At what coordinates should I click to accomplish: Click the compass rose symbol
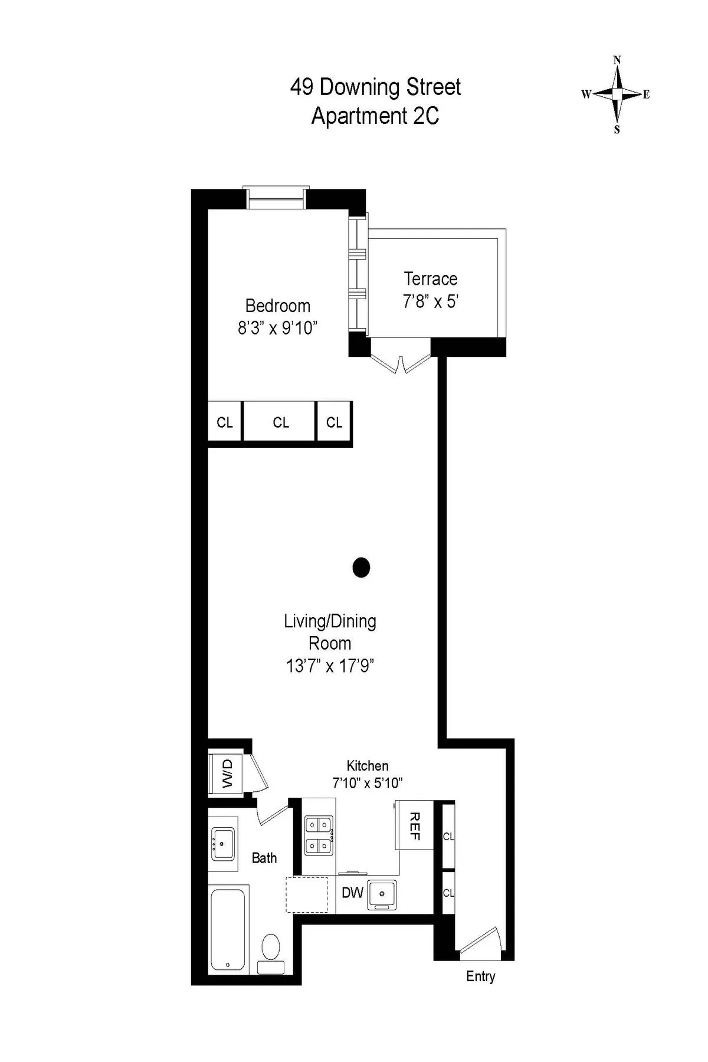click(x=617, y=94)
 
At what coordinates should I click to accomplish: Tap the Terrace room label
click(x=431, y=278)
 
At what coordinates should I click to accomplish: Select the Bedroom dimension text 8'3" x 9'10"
click(x=277, y=328)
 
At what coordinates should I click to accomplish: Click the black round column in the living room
click(x=361, y=568)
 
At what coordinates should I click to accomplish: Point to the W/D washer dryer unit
click(x=227, y=773)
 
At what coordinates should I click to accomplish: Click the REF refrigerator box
click(x=414, y=825)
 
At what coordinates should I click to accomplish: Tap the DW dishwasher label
click(x=352, y=892)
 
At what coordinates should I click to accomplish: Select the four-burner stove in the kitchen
click(x=319, y=835)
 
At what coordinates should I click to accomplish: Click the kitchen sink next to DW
click(x=382, y=894)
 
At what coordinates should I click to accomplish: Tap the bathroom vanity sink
click(x=223, y=844)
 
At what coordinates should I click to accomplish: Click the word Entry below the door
click(x=480, y=976)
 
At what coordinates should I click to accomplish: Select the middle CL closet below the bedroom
click(x=281, y=422)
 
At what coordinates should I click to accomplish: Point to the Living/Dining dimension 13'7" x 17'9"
click(x=330, y=666)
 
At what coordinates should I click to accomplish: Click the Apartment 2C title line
click(x=375, y=116)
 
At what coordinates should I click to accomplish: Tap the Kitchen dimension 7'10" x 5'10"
click(x=367, y=784)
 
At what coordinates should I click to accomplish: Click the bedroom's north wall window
click(x=277, y=198)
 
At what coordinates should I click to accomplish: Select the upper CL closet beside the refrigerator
click(x=448, y=837)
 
